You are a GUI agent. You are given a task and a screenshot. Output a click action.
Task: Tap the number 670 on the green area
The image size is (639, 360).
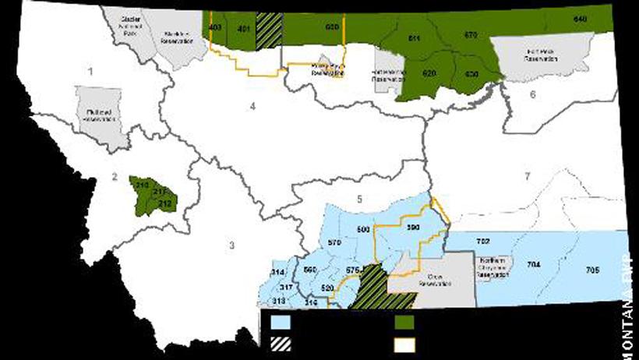[x=471, y=36]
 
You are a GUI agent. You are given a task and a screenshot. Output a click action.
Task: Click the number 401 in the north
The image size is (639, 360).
[x=243, y=30]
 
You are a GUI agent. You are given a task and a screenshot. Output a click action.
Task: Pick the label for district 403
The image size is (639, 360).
[x=214, y=28]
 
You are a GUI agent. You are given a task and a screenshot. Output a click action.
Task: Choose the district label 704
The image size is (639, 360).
[x=534, y=265]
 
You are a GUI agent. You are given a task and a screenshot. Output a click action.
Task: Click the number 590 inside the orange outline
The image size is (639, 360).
[x=413, y=228]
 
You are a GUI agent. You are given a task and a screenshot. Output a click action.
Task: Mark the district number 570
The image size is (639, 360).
[x=335, y=243]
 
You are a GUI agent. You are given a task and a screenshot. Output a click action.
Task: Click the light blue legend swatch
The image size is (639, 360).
[x=281, y=321]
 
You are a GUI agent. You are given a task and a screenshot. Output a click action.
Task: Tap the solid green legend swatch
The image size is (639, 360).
[x=404, y=321]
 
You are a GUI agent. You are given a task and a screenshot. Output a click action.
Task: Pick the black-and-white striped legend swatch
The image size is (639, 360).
[x=281, y=343]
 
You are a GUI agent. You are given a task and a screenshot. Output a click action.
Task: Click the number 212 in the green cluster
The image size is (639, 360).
[x=164, y=203]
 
